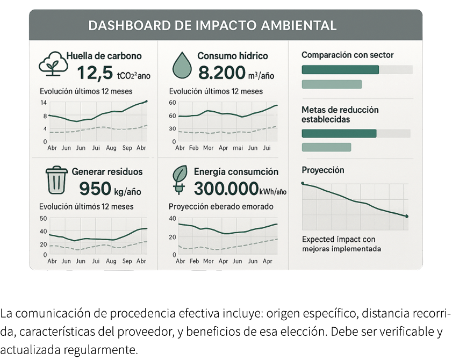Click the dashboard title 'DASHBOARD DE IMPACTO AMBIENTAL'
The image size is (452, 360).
(x=212, y=25)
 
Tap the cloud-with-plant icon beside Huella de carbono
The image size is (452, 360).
(x=52, y=63)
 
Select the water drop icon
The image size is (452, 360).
(x=182, y=65)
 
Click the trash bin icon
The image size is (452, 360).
(x=56, y=179)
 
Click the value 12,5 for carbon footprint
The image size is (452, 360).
(x=95, y=73)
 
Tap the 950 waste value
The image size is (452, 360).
(x=95, y=189)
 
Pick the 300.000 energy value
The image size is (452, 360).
(x=225, y=189)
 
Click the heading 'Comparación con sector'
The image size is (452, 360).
(x=347, y=55)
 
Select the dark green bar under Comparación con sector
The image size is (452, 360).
(x=340, y=69)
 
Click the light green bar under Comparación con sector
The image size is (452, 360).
(x=332, y=84)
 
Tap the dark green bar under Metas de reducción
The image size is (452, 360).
(x=339, y=133)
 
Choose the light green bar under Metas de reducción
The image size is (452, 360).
(x=326, y=147)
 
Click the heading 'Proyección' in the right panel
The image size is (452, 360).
(x=323, y=170)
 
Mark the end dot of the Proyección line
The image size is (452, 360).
(x=407, y=216)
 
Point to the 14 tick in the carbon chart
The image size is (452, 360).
(x=44, y=102)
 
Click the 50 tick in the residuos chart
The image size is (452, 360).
(x=44, y=218)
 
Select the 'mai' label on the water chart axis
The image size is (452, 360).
(x=238, y=147)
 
